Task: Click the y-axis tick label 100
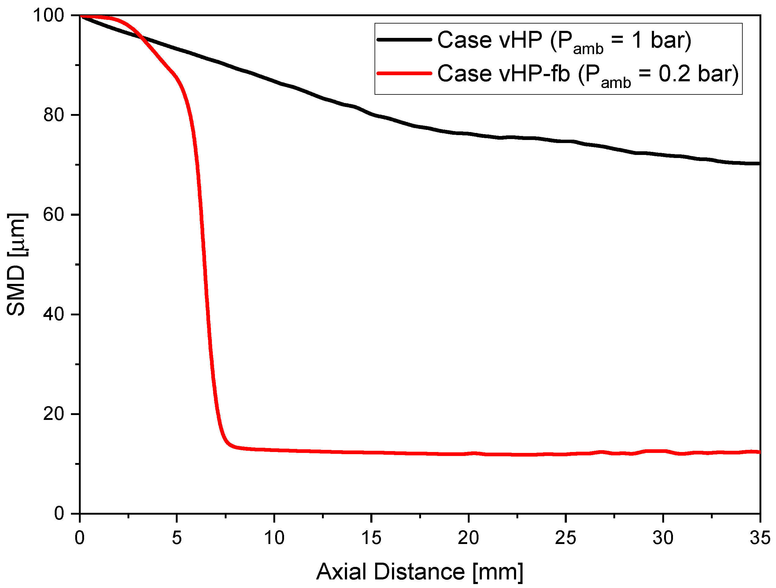48,15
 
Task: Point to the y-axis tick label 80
54,115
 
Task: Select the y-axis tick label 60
54,214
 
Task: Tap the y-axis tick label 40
54,314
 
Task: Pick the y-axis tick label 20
54,414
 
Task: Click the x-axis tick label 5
177,538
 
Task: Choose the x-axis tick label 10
274,538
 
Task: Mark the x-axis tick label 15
371,538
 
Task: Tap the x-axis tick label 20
468,538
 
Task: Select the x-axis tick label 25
566,538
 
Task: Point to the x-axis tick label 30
663,538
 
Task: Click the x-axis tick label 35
760,538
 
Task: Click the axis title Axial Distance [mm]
419,572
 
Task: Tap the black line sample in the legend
404,40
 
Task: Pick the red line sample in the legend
404,73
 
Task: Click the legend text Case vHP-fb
503,74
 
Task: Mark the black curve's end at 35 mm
759,164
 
